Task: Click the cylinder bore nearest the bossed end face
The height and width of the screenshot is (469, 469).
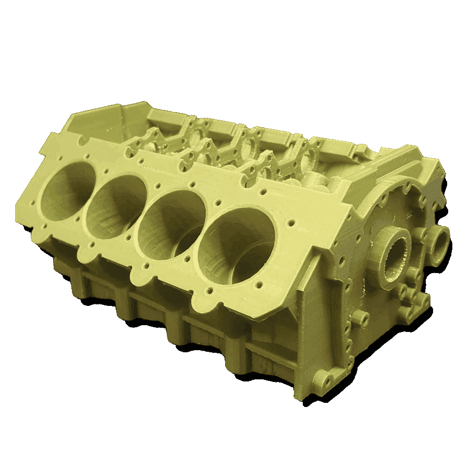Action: [237, 245]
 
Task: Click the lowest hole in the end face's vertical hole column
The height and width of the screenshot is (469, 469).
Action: [346, 360]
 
